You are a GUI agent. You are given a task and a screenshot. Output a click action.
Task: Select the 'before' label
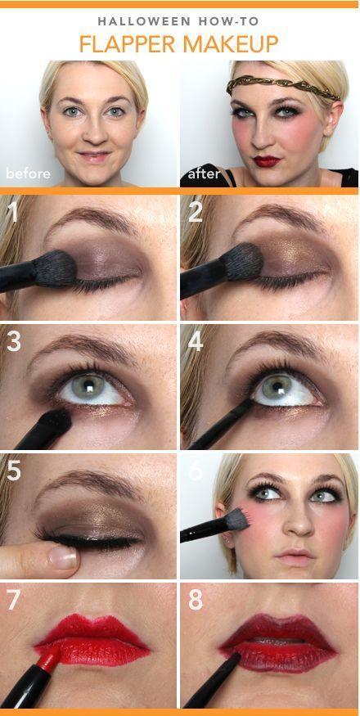click(x=28, y=173)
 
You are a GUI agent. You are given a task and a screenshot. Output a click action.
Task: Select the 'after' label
click(x=204, y=173)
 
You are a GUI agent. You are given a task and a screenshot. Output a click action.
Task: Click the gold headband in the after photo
click(x=282, y=87)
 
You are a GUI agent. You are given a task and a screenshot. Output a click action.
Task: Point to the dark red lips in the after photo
click(x=267, y=160)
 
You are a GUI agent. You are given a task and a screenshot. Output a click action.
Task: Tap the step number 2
click(x=196, y=212)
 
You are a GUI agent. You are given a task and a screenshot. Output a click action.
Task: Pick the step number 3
click(x=14, y=341)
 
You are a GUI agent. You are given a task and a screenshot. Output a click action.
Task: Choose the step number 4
click(x=196, y=341)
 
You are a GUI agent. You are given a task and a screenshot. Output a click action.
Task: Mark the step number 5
click(x=14, y=471)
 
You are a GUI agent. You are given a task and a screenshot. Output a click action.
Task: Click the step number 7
click(x=14, y=600)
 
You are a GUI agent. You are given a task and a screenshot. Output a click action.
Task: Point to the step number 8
click(x=196, y=600)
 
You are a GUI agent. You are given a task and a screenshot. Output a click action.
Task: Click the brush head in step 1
click(x=55, y=268)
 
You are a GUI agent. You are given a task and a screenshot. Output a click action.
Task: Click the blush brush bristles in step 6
click(x=237, y=520)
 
